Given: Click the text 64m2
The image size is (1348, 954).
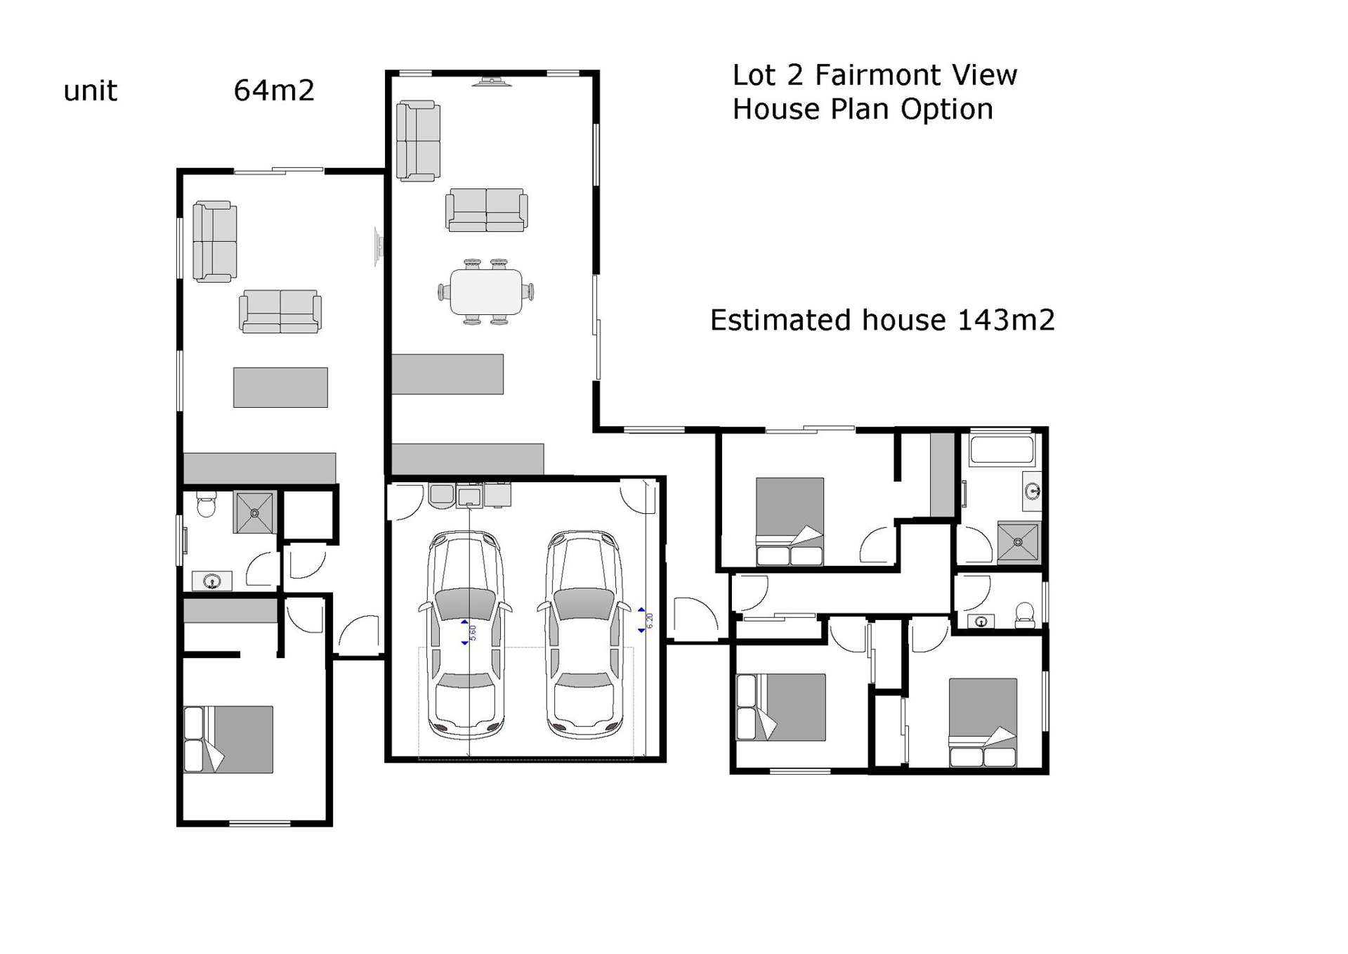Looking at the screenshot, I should point(273,91).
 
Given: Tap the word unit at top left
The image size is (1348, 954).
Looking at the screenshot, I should point(90,91).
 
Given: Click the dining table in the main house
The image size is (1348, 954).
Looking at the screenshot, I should point(486,292).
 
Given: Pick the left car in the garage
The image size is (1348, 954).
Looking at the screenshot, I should point(465,635).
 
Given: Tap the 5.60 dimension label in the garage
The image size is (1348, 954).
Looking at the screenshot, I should point(472,632).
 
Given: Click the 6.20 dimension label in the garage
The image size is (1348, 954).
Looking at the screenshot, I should point(649,620).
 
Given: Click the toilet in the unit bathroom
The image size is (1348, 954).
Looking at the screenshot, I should point(206,505).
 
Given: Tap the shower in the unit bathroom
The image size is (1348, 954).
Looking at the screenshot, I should point(254,513).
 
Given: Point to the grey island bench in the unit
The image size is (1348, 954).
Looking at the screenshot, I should point(280,387).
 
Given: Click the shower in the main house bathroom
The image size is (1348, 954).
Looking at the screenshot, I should point(1017,541).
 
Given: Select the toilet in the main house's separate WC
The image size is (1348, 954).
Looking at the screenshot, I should point(1025,614).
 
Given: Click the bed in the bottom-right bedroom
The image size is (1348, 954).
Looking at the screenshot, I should point(982,722).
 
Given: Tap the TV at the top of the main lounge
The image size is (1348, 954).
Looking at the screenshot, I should point(492,83).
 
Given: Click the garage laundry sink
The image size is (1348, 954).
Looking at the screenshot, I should point(469,496).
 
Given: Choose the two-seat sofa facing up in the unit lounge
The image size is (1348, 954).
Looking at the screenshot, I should point(280,311).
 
